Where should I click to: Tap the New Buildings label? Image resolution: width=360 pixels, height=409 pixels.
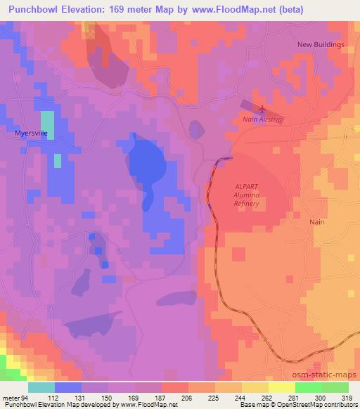click(x=321, y=44)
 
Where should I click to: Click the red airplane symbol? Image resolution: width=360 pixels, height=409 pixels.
click(x=262, y=109)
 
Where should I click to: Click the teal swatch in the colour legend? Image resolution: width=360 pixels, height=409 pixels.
click(x=41, y=387)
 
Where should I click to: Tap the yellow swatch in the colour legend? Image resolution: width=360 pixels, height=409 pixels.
click(x=282, y=387)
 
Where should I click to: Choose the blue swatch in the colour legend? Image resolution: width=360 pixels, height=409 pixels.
click(x=68, y=387)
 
